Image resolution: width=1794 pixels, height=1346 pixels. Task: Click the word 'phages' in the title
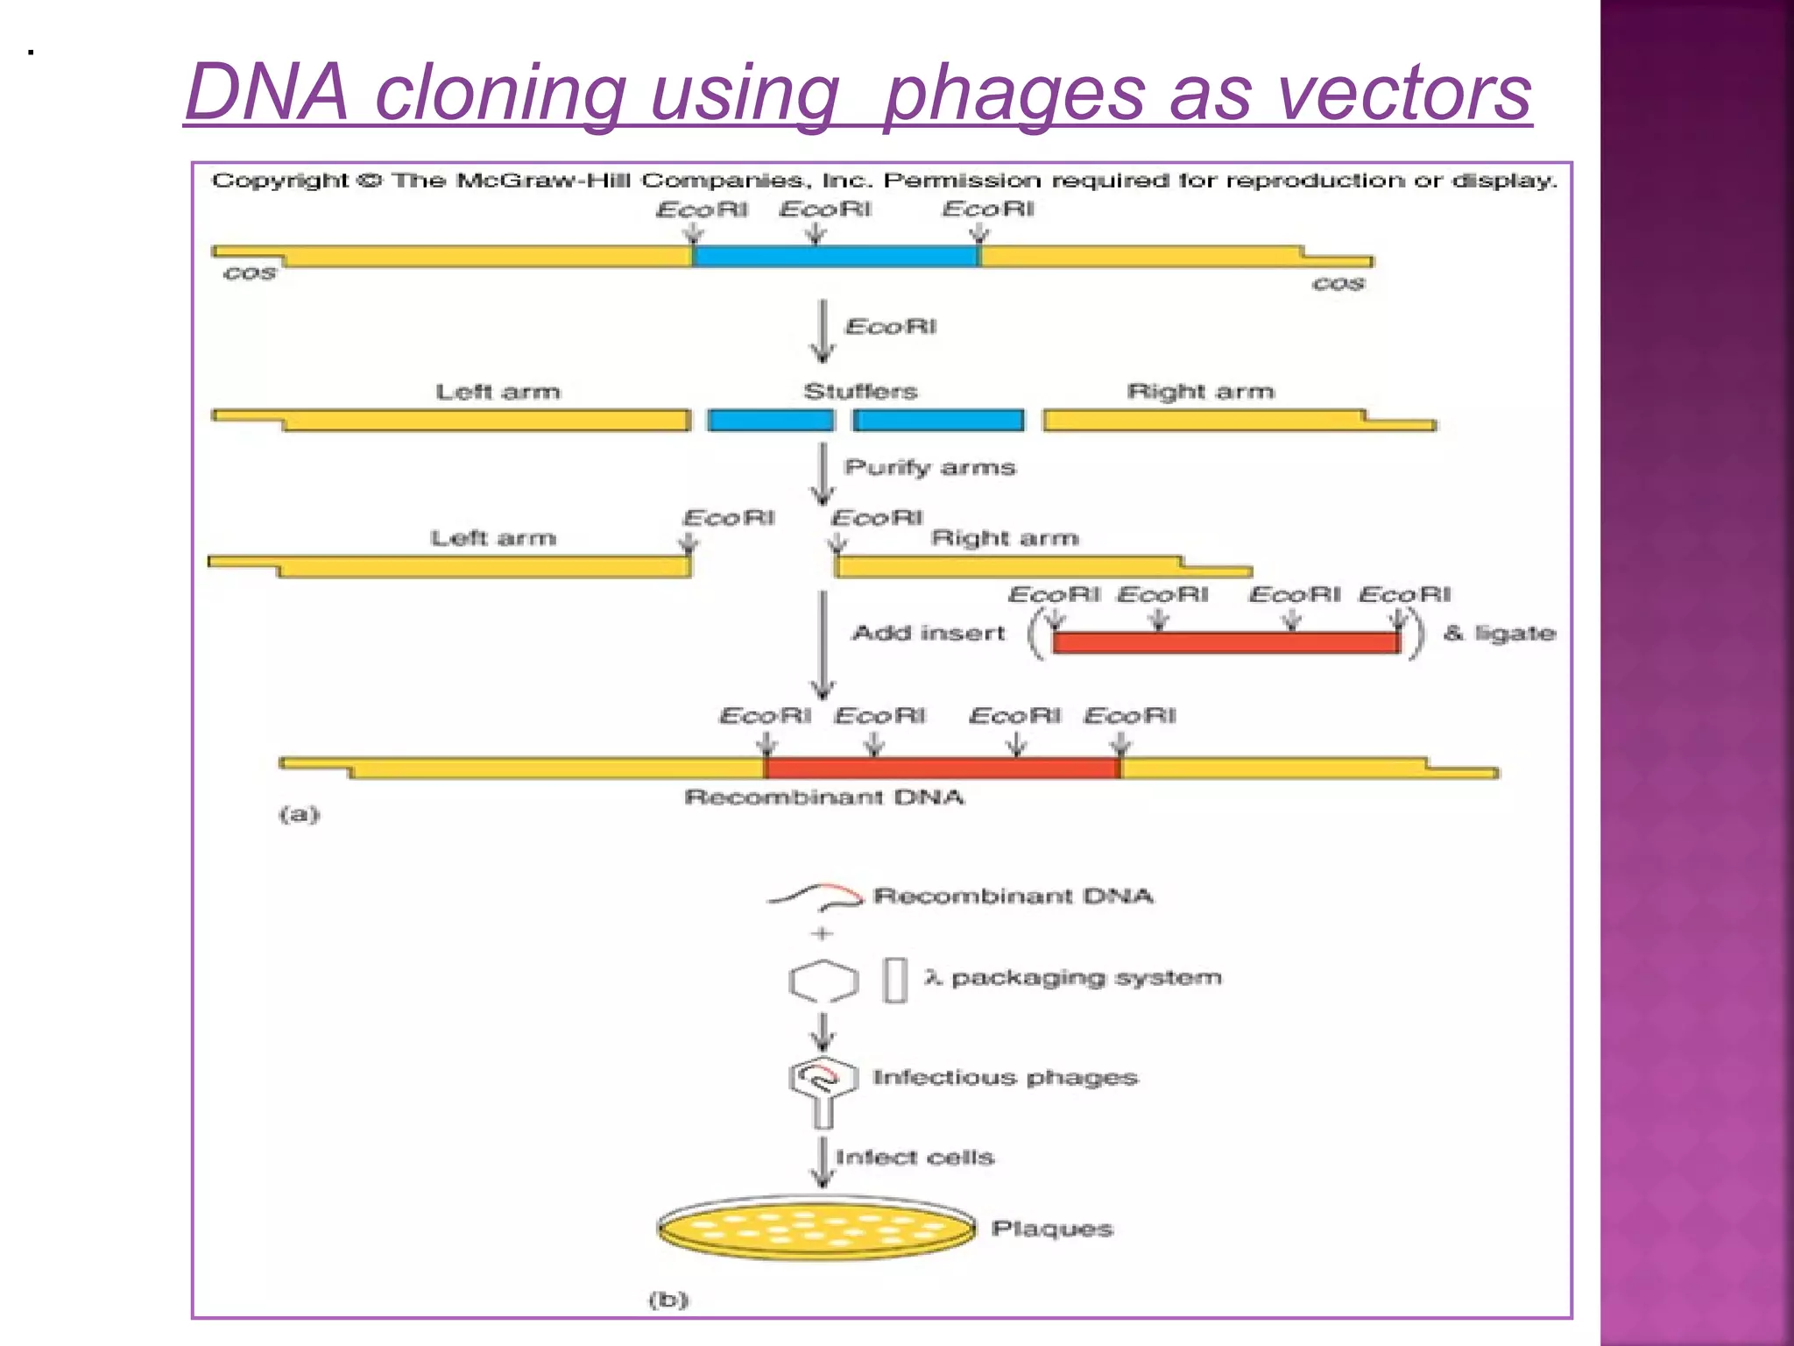[1014, 95]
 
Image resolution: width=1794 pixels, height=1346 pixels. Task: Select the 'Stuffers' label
[860, 391]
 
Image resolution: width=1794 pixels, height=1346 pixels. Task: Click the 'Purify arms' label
[929, 467]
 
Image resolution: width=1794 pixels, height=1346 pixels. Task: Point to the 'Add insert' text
[928, 633]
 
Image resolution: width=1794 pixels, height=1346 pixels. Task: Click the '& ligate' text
[1499, 633]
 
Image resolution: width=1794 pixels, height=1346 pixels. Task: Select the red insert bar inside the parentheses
[1225, 642]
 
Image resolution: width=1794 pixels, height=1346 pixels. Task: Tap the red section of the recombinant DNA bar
[942, 768]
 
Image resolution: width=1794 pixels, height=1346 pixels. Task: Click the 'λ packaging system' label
[1072, 977]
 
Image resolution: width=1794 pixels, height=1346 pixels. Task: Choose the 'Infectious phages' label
[1005, 1077]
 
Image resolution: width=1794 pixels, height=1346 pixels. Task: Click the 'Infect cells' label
[915, 1158]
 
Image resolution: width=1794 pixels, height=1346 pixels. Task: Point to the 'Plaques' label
[1051, 1229]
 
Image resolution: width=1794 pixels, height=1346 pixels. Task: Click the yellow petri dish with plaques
[816, 1229]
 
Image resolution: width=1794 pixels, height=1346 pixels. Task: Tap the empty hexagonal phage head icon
[823, 981]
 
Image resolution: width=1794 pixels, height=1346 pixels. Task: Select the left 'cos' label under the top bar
[250, 273]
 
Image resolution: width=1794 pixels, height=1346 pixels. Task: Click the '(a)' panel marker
[300, 814]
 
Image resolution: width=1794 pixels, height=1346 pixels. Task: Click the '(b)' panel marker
[668, 1300]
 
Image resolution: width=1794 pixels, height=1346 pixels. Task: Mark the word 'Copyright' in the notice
[279, 181]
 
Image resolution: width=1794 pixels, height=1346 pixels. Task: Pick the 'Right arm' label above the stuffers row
[1200, 391]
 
